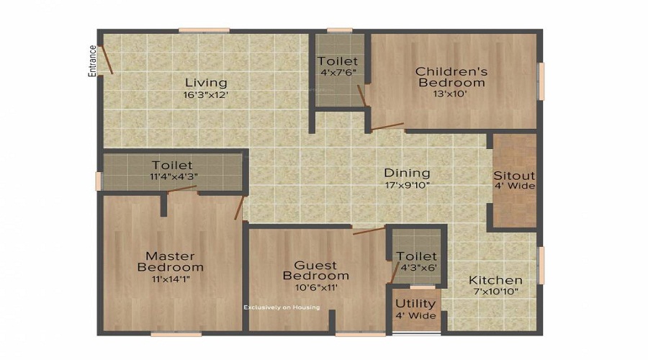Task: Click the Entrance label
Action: coord(92,61)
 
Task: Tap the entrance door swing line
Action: coord(107,60)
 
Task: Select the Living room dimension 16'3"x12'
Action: coord(206,94)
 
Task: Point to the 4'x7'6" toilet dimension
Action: coord(338,72)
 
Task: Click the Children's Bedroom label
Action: coord(451,77)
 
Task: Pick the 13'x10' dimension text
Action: coord(450,94)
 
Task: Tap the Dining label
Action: coord(407,172)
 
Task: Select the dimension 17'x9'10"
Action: coord(408,185)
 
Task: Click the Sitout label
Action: coord(515,175)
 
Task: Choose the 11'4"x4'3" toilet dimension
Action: coord(174,176)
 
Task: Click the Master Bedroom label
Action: coord(170,261)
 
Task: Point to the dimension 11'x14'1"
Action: coord(171,279)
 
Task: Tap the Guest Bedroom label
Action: coord(316,270)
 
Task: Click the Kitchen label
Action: coord(495,280)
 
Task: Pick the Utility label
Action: coord(415,304)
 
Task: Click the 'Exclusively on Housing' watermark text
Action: coord(282,307)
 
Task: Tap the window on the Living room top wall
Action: coord(204,30)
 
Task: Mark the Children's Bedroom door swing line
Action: coord(387,126)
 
